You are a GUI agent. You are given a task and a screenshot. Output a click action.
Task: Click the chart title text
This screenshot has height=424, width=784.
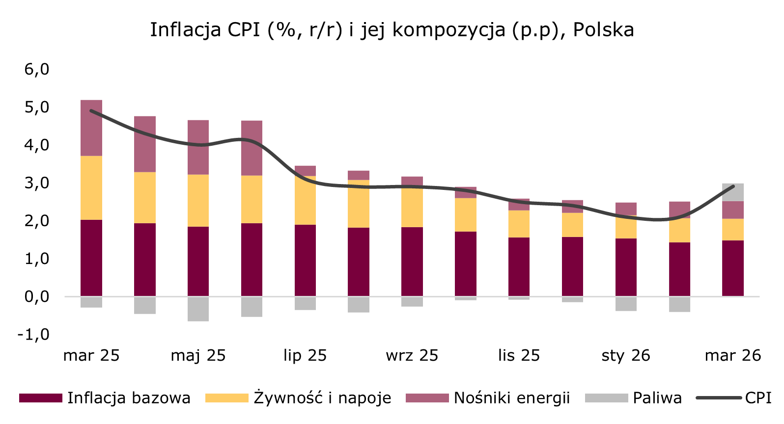(392, 30)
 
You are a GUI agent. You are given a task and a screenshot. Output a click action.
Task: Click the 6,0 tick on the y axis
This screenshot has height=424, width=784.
(37, 69)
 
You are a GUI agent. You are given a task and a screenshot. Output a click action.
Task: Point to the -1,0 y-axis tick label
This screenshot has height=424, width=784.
(33, 334)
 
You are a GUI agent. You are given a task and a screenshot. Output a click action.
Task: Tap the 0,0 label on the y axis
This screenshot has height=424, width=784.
(37, 296)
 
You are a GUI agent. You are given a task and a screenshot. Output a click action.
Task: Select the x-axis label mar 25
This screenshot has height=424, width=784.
(91, 355)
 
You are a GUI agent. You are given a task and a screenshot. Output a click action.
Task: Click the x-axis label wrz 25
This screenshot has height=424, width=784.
(412, 355)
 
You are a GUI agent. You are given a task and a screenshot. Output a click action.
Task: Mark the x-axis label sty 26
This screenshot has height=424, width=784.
(626, 355)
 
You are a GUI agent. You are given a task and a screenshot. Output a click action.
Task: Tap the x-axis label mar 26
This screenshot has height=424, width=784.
(733, 355)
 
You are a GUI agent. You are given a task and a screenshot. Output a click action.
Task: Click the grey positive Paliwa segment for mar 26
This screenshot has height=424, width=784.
(733, 192)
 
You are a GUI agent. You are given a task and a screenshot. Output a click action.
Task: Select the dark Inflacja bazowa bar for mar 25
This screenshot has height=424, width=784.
(91, 258)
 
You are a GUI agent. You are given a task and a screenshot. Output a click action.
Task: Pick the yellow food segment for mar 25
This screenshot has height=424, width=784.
(91, 187)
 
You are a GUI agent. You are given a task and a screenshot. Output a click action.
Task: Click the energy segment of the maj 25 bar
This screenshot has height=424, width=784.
(198, 147)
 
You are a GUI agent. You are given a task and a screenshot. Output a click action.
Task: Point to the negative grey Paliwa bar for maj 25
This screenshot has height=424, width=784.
(198, 309)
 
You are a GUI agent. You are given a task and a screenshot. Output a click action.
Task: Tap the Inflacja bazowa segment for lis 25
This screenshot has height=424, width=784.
(519, 266)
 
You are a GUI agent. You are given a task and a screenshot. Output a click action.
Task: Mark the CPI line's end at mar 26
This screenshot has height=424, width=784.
(733, 186)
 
